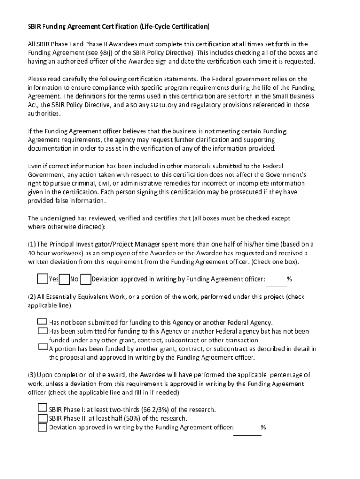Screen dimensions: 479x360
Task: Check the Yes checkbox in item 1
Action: coord(43,279)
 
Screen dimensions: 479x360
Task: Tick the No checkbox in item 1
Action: coord(65,279)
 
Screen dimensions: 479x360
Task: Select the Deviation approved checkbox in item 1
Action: coord(86,279)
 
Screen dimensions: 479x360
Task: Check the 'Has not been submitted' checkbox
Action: coord(42,322)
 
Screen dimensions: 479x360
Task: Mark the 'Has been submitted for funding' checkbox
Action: coord(42,331)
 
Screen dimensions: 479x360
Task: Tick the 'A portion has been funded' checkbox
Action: coord(42,348)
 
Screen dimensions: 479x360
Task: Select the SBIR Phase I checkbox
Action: coord(42,408)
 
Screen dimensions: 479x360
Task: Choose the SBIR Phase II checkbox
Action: coord(42,418)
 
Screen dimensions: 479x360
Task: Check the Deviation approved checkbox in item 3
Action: coord(42,427)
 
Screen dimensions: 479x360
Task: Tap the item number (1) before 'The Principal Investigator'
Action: coord(32,244)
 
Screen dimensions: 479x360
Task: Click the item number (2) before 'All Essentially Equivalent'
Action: coord(32,297)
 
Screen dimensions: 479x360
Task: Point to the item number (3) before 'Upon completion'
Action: coord(32,375)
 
